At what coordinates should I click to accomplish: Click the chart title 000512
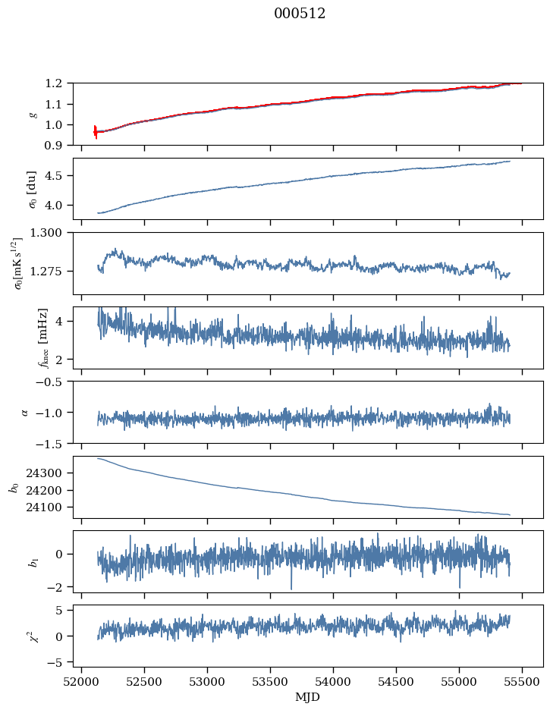[300, 14]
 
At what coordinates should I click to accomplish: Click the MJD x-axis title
[308, 697]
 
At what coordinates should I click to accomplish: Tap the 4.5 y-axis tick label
[58, 176]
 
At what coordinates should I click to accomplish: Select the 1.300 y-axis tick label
[51, 233]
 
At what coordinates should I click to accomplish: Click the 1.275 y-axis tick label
[51, 271]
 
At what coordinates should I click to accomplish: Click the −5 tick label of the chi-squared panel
[59, 662]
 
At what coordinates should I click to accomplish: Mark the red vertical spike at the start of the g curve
[95, 132]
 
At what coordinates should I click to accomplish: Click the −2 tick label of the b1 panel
[59, 587]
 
